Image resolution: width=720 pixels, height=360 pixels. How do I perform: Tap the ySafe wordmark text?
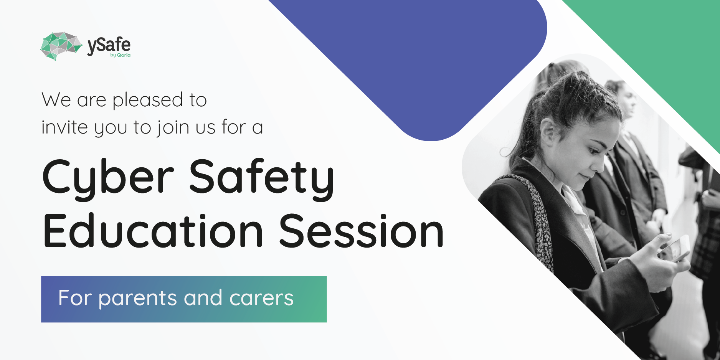(x=109, y=46)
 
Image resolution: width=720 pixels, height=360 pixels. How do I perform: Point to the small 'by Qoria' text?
(x=120, y=55)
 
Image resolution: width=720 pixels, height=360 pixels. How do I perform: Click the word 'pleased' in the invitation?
(x=148, y=101)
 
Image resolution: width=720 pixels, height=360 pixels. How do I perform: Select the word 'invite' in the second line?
(x=64, y=127)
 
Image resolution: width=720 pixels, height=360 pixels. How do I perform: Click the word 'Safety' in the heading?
(x=262, y=178)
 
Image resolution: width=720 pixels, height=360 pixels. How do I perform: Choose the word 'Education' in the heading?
(x=153, y=231)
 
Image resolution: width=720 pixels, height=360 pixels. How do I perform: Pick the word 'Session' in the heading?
(x=361, y=231)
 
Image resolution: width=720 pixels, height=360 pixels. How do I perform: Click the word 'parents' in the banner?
(x=137, y=299)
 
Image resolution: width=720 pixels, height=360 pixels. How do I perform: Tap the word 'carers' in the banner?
(x=261, y=299)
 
